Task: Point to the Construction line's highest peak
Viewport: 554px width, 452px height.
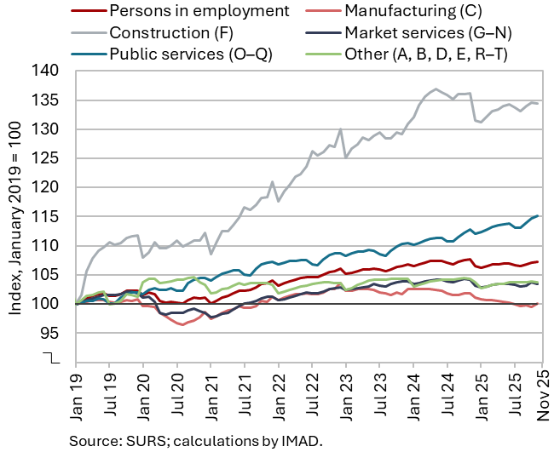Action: (x=436, y=89)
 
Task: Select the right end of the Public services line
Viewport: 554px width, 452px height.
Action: (x=537, y=216)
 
